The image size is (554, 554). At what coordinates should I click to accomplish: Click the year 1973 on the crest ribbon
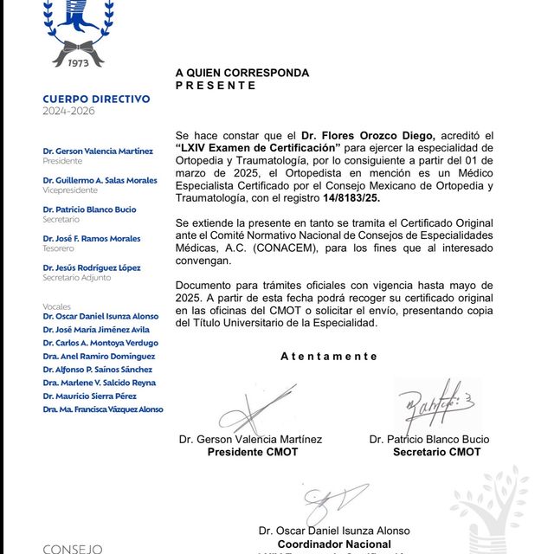point(79,61)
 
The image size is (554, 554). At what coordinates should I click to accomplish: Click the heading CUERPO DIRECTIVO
point(96,100)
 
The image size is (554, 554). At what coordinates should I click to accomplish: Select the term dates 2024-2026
point(68,111)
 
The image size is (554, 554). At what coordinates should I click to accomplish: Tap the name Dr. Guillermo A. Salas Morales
point(100,180)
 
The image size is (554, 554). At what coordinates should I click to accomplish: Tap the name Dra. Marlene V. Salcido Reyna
point(99,383)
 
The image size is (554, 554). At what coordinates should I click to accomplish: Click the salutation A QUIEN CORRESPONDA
point(242,74)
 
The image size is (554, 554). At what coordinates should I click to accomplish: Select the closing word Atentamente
point(329,356)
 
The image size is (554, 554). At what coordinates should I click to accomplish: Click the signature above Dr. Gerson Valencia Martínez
point(256,408)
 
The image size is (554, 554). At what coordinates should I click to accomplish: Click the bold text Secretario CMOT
point(436,452)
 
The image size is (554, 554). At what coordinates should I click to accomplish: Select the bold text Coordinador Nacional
point(334,544)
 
